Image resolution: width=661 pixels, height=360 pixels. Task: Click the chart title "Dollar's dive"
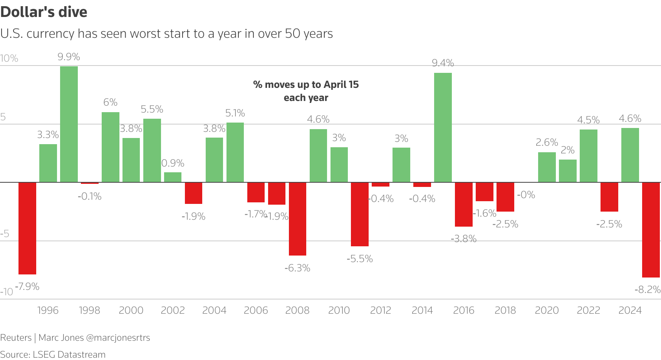pyautogui.click(x=44, y=12)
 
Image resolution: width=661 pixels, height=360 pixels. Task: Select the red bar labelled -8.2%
pyautogui.click(x=651, y=230)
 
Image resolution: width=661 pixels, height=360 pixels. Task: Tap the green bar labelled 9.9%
pyautogui.click(x=69, y=124)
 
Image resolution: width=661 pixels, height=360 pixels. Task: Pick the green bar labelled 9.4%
pyautogui.click(x=443, y=127)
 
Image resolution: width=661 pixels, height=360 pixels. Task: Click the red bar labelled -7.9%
pyautogui.click(x=27, y=228)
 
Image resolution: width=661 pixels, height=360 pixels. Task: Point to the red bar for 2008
pyautogui.click(x=297, y=219)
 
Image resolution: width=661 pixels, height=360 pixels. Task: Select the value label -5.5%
pyautogui.click(x=359, y=259)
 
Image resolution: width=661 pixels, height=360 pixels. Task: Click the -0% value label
pyautogui.click(x=526, y=195)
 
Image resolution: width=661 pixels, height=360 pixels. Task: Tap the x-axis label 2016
pyautogui.click(x=463, y=310)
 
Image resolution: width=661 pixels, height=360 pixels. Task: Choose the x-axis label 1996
pyautogui.click(x=48, y=310)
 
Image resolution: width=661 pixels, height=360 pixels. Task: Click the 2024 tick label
pyautogui.click(x=630, y=310)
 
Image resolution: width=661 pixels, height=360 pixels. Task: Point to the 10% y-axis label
pyautogui.click(x=9, y=58)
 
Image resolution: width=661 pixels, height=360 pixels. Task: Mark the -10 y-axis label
pyautogui.click(x=7, y=292)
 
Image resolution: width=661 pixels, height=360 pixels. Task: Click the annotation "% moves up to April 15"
pyautogui.click(x=306, y=84)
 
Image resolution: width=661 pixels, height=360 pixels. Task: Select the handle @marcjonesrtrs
pyautogui.click(x=118, y=338)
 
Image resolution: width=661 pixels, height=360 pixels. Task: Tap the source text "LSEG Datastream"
pyautogui.click(x=69, y=354)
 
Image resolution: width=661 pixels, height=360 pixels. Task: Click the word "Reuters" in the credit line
pyautogui.click(x=16, y=338)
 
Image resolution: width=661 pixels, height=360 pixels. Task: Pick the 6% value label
pyautogui.click(x=110, y=102)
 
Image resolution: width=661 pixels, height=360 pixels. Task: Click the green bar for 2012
pyautogui.click(x=401, y=165)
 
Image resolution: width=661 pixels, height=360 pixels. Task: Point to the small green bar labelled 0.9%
pyautogui.click(x=173, y=177)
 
